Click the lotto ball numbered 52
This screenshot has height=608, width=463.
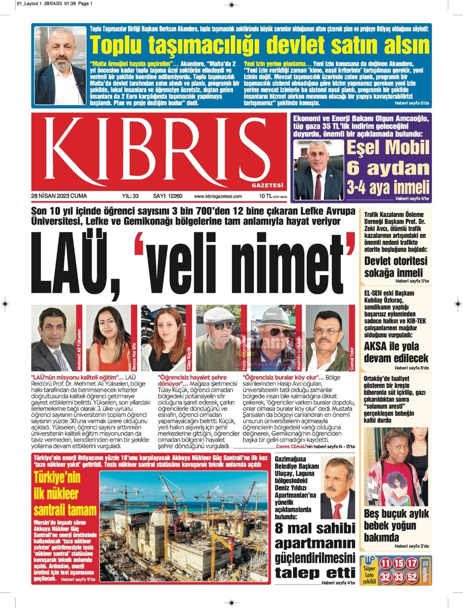point(412,577)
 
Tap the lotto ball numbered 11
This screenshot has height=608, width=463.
point(386,563)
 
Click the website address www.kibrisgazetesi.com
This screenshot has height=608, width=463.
point(218,196)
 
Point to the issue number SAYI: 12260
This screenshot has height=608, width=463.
point(167,196)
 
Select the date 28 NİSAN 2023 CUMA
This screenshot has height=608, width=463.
point(59,196)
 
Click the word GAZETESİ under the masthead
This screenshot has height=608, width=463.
point(267,185)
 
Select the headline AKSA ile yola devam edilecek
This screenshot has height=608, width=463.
point(396,352)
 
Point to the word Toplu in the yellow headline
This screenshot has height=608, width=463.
point(116,45)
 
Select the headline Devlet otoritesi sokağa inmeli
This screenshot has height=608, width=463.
point(396,267)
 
